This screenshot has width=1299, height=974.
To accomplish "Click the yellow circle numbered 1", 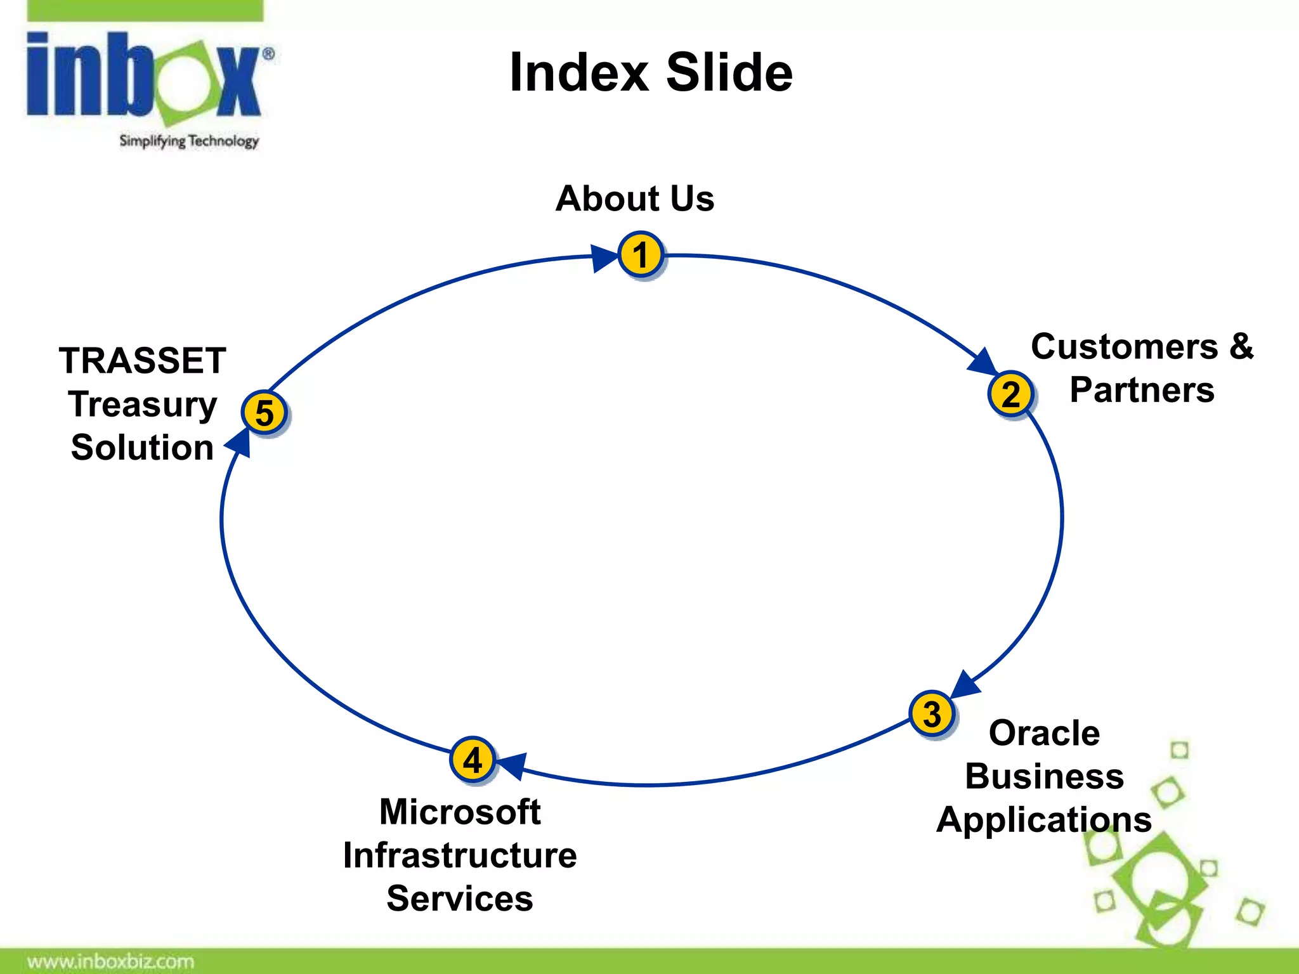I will tap(641, 255).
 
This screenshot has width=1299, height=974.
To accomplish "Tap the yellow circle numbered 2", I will tap(1011, 394).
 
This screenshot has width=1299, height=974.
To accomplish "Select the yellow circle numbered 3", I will tap(932, 714).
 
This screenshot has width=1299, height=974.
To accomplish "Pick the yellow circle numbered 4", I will tap(473, 760).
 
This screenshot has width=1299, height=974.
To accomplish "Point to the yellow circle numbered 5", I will tap(264, 413).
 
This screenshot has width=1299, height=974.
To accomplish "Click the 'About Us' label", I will tap(635, 198).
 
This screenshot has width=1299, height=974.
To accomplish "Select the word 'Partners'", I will tap(1142, 389).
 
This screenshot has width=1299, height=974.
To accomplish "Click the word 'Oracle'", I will tap(1044, 733).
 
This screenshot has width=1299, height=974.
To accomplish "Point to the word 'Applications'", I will tap(1044, 819).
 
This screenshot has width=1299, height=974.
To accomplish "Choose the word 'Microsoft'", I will tap(460, 812).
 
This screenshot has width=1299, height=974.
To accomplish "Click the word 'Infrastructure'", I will tap(460, 855).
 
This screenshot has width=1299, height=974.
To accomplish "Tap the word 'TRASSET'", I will tap(143, 360).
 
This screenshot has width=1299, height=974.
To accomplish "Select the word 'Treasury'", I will tap(143, 404).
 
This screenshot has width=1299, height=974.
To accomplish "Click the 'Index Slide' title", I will tap(651, 72).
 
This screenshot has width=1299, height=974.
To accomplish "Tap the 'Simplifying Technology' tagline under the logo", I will tap(189, 141).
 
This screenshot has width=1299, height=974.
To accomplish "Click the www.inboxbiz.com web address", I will tap(110, 961).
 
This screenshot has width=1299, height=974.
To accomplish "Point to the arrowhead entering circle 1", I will tap(603, 258).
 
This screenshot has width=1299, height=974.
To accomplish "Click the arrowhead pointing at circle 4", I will tap(512, 765).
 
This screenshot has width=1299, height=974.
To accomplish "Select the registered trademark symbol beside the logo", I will tap(268, 55).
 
